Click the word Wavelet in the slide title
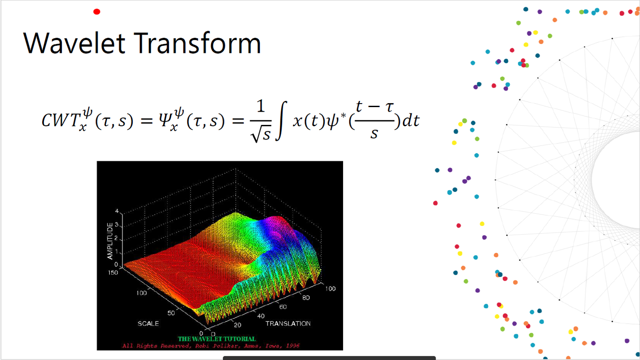(74, 44)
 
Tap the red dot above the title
(96, 12)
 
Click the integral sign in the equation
(281, 120)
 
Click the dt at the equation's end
(411, 120)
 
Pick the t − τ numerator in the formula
(375, 107)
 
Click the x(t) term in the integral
(309, 121)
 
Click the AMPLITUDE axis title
(110, 241)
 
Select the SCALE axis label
(148, 324)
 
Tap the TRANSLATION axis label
(288, 324)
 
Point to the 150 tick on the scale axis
(113, 272)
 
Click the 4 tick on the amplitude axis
(116, 211)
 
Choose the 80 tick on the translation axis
(306, 298)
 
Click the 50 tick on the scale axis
(171, 313)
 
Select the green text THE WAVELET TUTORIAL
(216, 339)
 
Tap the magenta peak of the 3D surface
(276, 221)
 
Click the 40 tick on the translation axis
(261, 316)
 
